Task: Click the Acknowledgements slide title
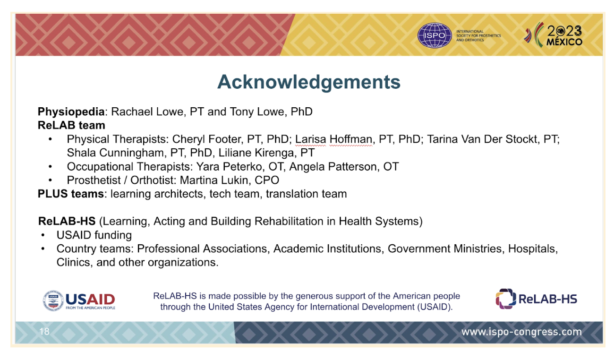point(308,82)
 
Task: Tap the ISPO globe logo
point(435,35)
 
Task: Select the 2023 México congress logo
point(553,35)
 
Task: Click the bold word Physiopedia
point(71,112)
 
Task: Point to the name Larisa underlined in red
point(310,139)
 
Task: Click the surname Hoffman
point(350,139)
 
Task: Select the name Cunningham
point(131,153)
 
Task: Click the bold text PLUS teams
point(71,194)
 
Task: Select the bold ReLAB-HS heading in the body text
point(67,221)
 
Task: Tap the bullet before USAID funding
point(43,235)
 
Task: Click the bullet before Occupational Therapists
point(50,167)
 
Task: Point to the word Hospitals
point(533,249)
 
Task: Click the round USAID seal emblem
point(53,301)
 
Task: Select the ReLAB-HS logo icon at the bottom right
point(506,299)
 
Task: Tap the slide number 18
point(44,332)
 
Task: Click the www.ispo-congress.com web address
point(521,332)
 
